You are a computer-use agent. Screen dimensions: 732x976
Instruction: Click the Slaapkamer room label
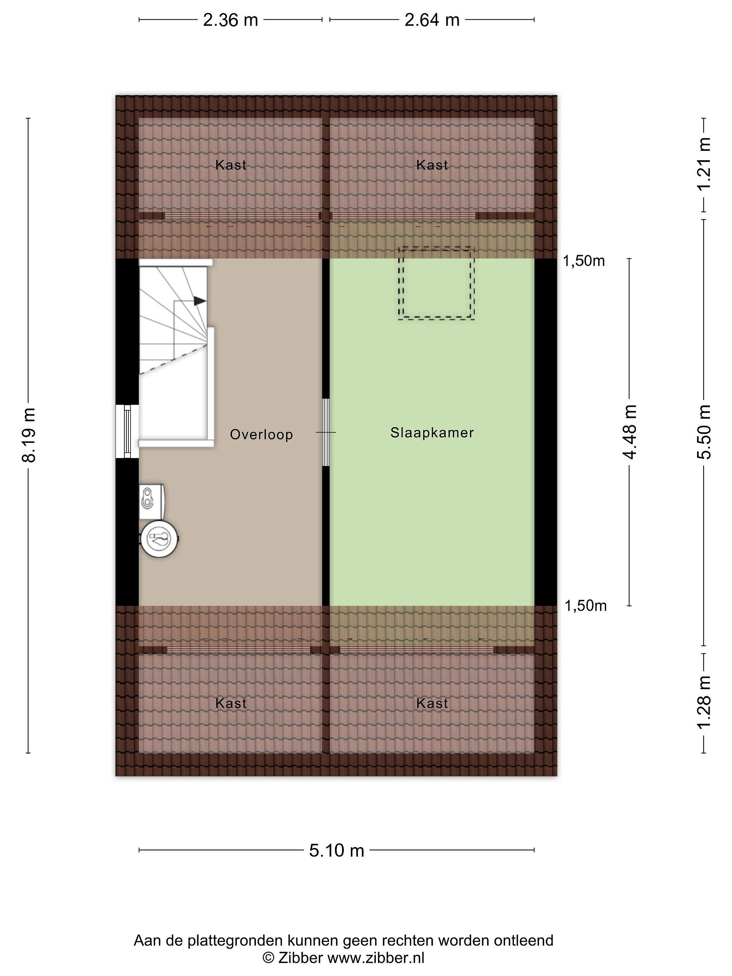pos(432,432)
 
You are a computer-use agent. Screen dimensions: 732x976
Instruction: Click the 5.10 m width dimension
pos(337,850)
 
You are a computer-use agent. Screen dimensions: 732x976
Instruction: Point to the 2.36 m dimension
pos(230,20)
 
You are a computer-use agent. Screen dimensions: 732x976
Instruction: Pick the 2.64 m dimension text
pos(432,20)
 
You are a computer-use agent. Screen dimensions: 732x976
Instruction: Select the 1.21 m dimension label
pos(704,164)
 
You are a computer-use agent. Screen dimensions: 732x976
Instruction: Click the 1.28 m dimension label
pos(704,703)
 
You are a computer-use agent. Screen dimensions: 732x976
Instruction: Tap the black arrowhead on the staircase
pos(200,301)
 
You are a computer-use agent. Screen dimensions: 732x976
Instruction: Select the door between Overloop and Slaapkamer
pos(326,432)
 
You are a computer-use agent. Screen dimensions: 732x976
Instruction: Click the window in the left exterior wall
pos(127,431)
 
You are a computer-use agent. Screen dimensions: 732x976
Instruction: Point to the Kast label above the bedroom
pos(432,165)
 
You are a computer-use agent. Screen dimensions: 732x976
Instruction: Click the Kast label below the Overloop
pos(231,703)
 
